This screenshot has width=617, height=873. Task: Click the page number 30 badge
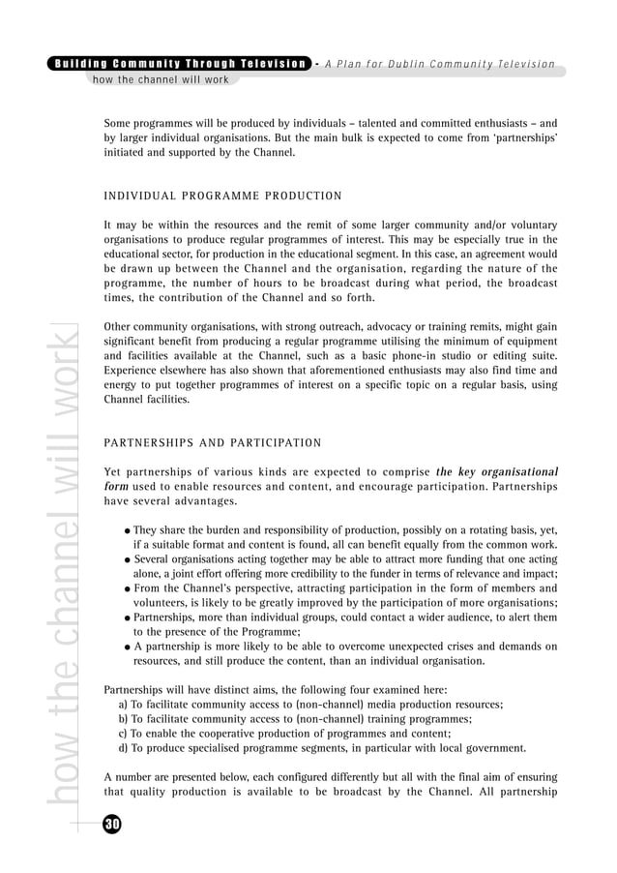pyautogui.click(x=112, y=824)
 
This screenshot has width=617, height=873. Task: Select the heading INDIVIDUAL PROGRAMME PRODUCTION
pyautogui.click(x=222, y=196)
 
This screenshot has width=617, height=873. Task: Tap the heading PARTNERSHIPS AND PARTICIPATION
pyautogui.click(x=213, y=443)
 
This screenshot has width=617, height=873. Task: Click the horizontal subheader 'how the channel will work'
pyautogui.click(x=161, y=79)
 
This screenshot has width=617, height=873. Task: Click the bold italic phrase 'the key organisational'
pyautogui.click(x=497, y=472)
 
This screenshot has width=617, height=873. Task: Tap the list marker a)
pyautogui.click(x=123, y=705)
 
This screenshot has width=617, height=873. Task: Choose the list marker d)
pyautogui.click(x=123, y=748)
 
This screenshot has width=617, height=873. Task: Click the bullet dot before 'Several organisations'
pyautogui.click(x=128, y=559)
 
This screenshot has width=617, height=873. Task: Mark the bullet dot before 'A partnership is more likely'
pyautogui.click(x=128, y=647)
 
